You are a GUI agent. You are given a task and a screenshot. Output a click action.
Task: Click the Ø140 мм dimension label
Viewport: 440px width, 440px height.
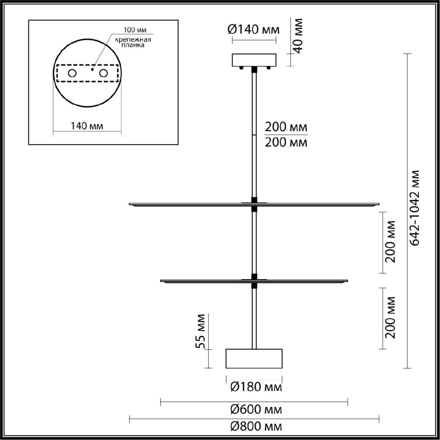coord(254,30)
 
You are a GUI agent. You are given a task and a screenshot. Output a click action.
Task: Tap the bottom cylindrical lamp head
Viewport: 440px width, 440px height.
coord(254,358)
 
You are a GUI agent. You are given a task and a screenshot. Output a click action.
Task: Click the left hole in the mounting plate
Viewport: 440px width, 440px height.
coord(72,73)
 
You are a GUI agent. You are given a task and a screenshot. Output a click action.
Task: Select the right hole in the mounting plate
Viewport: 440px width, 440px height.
coord(104,73)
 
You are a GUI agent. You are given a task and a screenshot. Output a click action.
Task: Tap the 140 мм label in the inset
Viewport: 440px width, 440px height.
coord(87,126)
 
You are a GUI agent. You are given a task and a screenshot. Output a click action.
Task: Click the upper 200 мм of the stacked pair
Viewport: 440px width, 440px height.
coord(286,128)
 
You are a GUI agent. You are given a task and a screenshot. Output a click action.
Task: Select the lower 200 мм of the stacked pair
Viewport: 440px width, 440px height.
coord(286,142)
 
